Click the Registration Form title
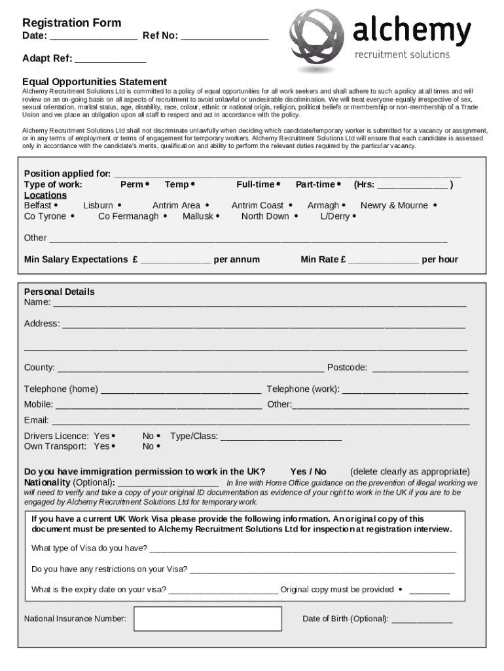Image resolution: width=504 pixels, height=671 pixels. (71, 23)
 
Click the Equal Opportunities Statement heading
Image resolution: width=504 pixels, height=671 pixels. (94, 81)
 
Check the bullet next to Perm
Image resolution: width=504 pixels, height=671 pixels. (147, 185)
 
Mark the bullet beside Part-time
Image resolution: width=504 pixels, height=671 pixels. (340, 185)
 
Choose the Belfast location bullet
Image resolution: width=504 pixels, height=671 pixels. (56, 205)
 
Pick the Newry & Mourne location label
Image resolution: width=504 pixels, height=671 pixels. (394, 205)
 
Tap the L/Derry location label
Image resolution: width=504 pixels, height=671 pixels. (334, 216)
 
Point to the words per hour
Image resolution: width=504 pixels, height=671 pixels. (440, 259)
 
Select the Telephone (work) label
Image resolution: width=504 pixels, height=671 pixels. (302, 389)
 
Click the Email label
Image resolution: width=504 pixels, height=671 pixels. (37, 420)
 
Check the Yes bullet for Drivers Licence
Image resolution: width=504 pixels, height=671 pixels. (114, 436)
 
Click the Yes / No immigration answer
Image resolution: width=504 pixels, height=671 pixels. (308, 471)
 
